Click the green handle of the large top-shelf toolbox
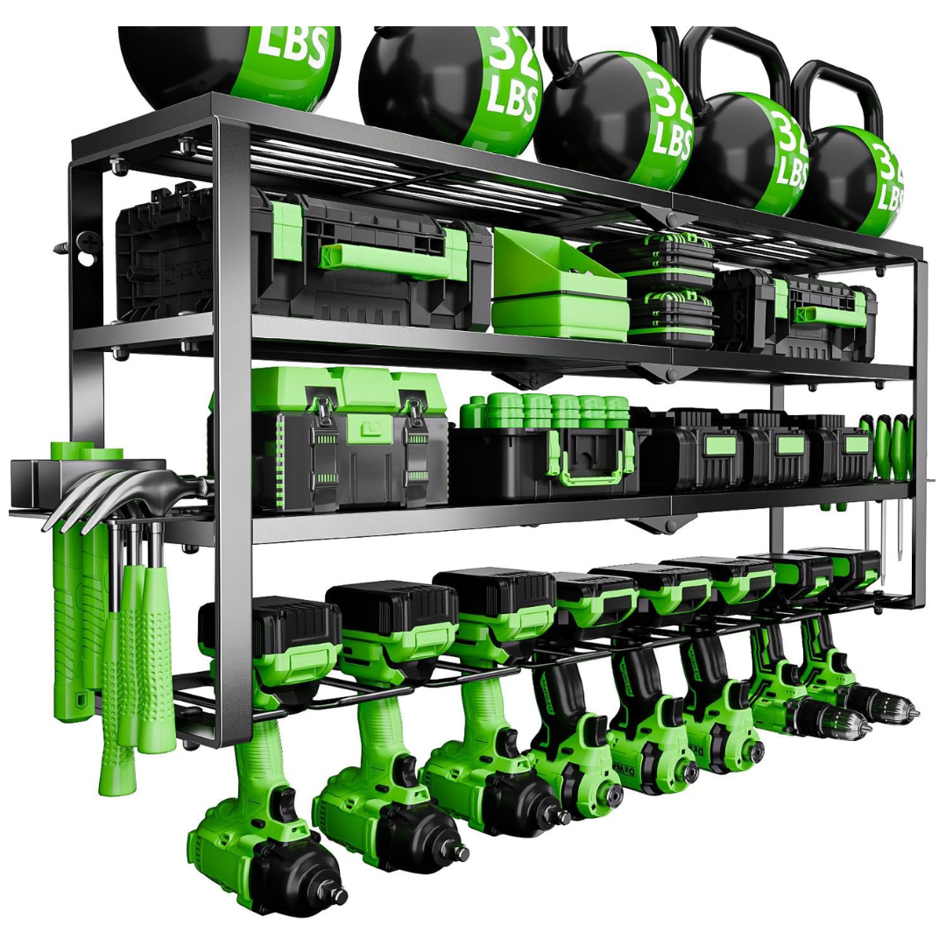coord(385,255)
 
